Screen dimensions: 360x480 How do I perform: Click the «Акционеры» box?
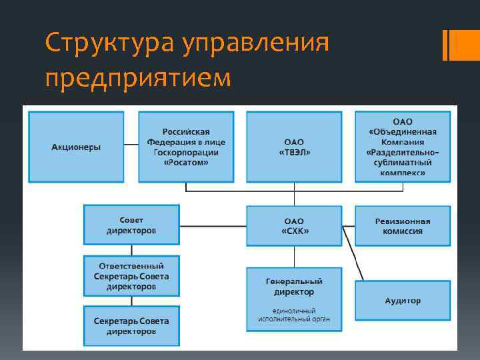coord(76,147)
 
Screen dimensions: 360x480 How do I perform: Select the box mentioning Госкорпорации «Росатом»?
coord(186,147)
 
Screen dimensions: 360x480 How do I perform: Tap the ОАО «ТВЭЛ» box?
coord(294,147)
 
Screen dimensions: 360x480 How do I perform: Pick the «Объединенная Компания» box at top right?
coord(402,147)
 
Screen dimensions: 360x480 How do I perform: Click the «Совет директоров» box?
coord(131,225)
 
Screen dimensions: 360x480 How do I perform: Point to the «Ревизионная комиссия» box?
coord(402,226)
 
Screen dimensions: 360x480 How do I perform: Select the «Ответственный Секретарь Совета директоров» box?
coord(131,275)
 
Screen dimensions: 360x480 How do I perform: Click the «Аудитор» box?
coord(402,301)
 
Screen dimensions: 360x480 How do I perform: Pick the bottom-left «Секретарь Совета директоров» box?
coord(131,325)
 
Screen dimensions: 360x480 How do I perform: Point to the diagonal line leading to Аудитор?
coord(353,253)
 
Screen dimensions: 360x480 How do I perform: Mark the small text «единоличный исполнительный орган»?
coord(294,315)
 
